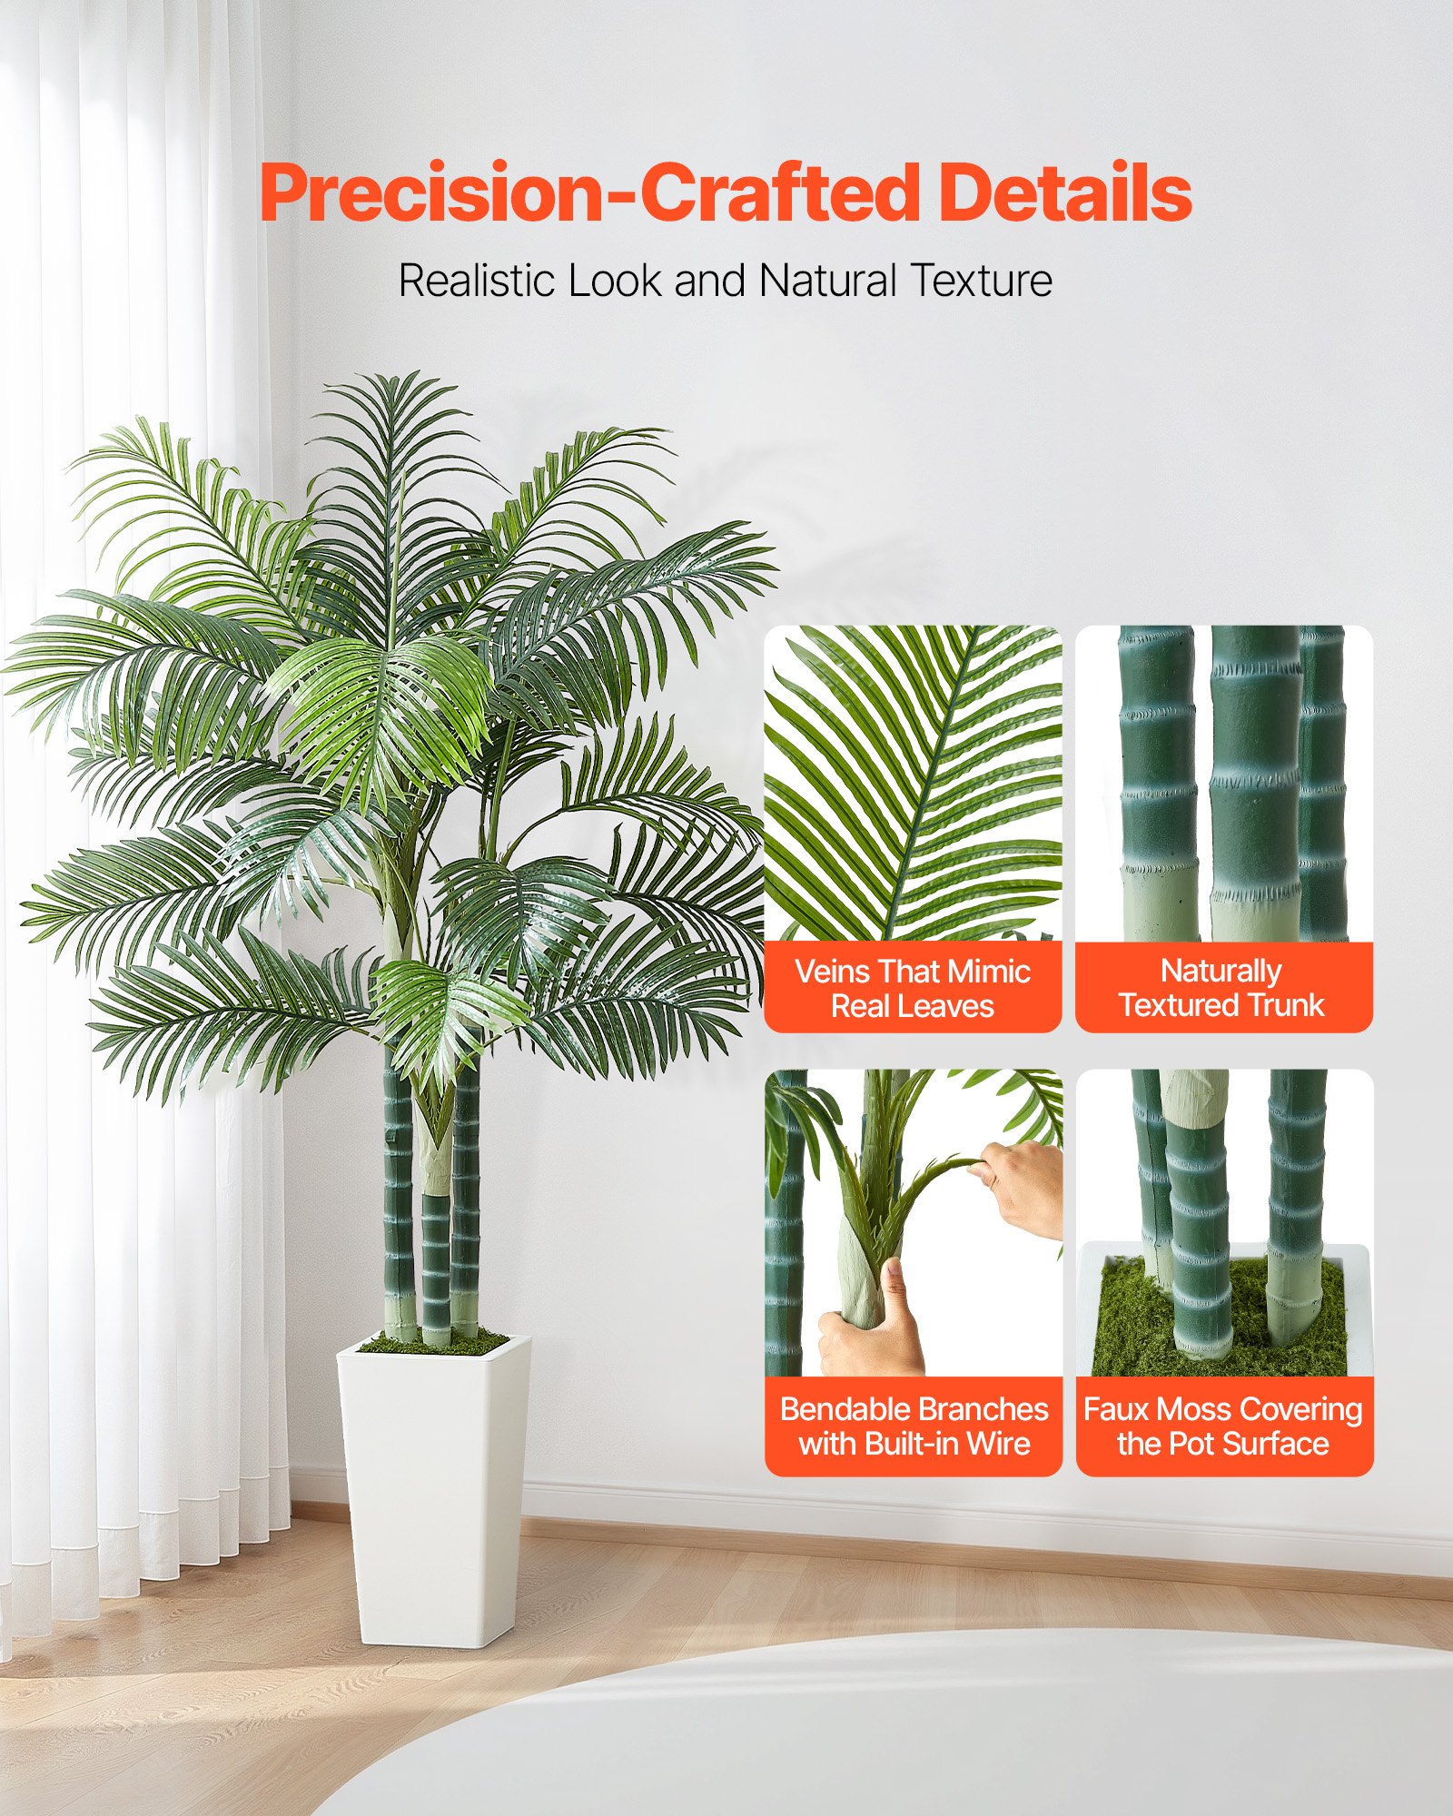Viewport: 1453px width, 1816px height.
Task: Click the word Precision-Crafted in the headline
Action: pyautogui.click(x=590, y=192)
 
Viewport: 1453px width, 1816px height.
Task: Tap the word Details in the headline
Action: pyautogui.click(x=1064, y=192)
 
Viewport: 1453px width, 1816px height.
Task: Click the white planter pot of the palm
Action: pyautogui.click(x=434, y=1489)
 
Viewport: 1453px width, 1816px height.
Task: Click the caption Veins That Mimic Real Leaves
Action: pyautogui.click(x=913, y=988)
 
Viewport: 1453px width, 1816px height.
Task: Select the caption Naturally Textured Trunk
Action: pyautogui.click(x=1222, y=987)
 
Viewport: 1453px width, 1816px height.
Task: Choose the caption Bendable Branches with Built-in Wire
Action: pyautogui.click(x=914, y=1426)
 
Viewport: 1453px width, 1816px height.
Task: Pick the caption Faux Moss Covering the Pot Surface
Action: pyautogui.click(x=1223, y=1426)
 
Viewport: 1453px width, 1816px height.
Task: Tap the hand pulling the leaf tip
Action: pyautogui.click(x=1022, y=1185)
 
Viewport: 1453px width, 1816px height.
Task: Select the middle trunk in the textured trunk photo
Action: pyautogui.click(x=1255, y=781)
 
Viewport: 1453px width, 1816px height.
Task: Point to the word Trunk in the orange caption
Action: pyautogui.click(x=1286, y=1005)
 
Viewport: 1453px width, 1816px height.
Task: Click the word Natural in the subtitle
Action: pyautogui.click(x=828, y=281)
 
